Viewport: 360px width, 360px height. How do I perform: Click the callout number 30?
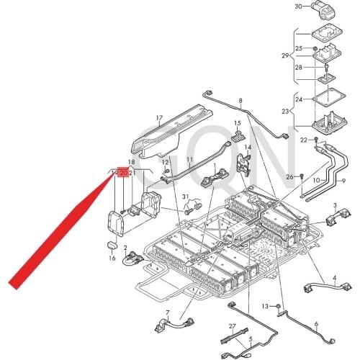point(299,6)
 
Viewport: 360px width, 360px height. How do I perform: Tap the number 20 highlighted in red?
point(123,174)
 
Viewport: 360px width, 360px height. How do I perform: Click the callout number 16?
point(112,258)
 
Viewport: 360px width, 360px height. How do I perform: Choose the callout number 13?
point(265,307)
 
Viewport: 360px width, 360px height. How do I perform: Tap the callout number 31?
point(185,197)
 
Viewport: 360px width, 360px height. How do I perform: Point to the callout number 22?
point(304,139)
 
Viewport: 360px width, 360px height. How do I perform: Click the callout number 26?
point(289,177)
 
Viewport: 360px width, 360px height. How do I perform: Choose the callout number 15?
point(236,123)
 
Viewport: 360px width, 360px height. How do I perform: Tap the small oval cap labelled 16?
point(112,246)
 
